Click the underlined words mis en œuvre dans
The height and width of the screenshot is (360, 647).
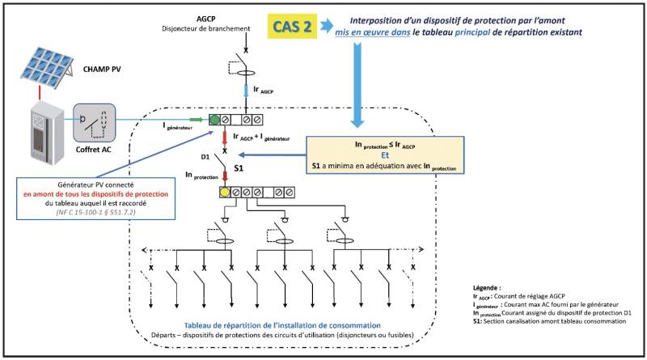point(373,32)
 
